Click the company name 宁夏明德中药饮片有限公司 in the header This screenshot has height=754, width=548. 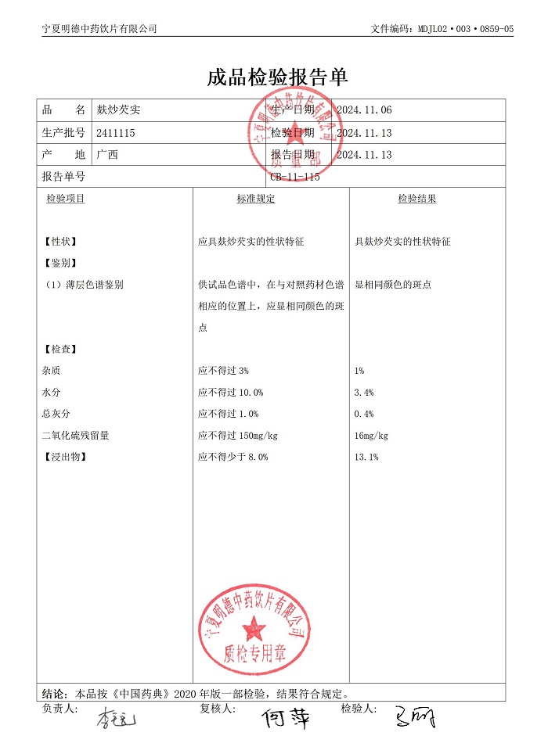(x=99, y=29)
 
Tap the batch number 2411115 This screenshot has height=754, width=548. (x=116, y=133)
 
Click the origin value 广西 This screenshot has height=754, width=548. (x=107, y=155)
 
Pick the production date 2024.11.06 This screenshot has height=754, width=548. (x=364, y=111)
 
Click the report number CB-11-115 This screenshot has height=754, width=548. (x=295, y=177)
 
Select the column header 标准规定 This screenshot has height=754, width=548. (x=256, y=199)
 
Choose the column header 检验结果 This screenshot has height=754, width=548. (x=416, y=199)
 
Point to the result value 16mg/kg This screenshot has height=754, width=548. (x=371, y=436)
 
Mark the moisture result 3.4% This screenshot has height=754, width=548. (x=364, y=393)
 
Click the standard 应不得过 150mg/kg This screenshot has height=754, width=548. (x=238, y=436)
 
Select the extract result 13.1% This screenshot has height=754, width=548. (x=366, y=457)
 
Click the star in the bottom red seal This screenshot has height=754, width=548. (x=254, y=626)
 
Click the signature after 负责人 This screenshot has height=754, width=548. (x=116, y=718)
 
